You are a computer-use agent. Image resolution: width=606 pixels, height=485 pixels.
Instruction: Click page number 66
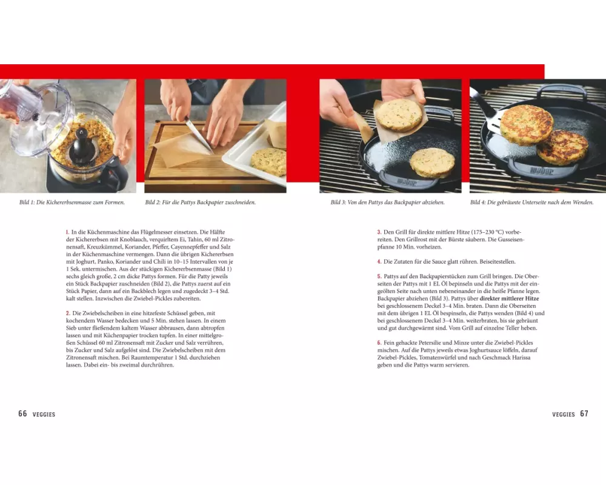pos(23,413)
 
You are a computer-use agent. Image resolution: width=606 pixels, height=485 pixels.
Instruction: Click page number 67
pos(584,413)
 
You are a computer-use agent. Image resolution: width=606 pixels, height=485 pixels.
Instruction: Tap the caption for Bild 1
pos(72,202)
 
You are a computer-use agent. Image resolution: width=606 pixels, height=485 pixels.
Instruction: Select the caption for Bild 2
pos(201,202)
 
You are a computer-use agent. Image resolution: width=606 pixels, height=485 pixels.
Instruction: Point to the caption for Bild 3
pos(388,202)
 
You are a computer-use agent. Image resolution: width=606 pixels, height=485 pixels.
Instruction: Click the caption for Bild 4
pos(532,202)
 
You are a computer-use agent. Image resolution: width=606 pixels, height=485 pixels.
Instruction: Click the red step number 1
pos(67,232)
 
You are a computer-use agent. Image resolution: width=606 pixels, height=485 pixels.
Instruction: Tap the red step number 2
pos(68,313)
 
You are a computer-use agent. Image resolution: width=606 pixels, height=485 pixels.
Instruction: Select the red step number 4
pos(379,262)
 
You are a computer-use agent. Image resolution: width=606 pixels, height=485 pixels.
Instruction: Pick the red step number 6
pos(379,343)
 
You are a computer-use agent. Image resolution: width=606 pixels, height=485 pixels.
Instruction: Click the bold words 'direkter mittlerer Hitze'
pos(509,299)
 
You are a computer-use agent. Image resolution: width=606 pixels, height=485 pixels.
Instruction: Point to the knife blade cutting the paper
pos(199,135)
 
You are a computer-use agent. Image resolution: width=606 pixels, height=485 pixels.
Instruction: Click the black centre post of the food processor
pos(82,145)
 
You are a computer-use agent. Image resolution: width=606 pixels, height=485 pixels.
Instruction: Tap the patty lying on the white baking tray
pos(269,161)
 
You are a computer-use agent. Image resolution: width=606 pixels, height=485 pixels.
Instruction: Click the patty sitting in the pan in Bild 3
pos(432,163)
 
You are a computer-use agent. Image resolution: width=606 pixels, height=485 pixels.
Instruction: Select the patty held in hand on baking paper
pos(399,115)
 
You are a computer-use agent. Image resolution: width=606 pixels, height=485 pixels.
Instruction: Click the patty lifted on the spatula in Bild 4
pos(527,125)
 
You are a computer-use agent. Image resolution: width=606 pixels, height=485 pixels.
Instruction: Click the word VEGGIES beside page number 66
pos(44,414)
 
